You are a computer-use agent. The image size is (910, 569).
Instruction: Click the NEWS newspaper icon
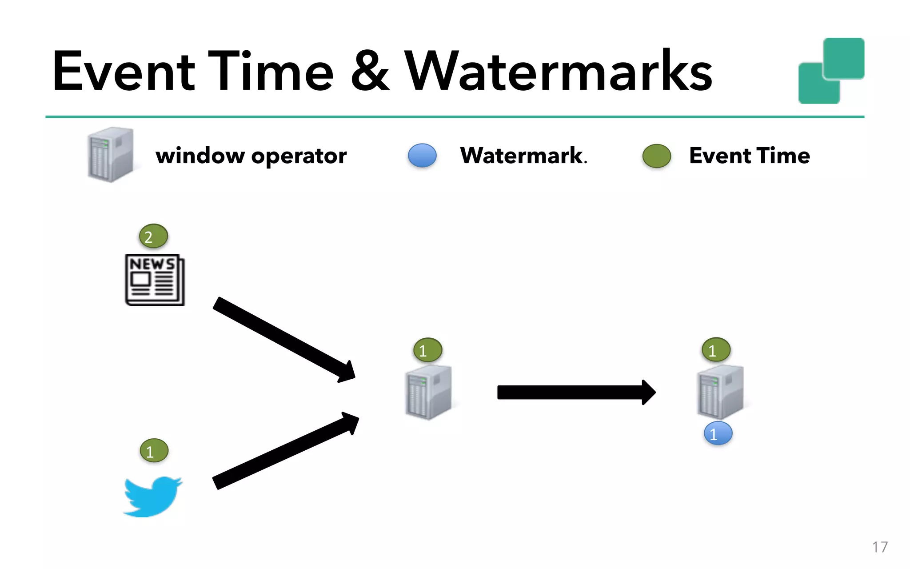[x=155, y=280]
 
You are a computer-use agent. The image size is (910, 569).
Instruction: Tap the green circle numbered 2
[x=153, y=236]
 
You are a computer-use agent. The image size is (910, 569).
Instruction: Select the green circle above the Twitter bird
[x=154, y=451]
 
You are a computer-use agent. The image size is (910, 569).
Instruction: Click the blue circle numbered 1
[x=718, y=433]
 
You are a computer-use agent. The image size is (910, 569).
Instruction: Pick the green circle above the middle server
[x=427, y=350]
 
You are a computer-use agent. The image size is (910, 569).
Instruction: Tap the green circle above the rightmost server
[x=716, y=350]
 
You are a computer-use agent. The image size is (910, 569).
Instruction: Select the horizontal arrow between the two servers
[x=575, y=393]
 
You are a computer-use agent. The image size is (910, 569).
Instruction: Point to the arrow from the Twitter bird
[x=284, y=451]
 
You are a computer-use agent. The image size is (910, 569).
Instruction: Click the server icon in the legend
[x=110, y=155]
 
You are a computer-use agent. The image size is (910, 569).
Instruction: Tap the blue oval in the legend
[x=422, y=156]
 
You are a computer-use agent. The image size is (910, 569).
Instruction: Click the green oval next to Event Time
[x=656, y=156]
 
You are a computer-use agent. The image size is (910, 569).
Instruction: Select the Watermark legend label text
[x=523, y=156]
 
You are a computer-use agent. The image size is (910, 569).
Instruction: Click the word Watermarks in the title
[x=558, y=71]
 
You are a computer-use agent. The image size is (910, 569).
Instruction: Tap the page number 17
[x=879, y=547]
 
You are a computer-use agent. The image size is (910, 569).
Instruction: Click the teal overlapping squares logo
[x=831, y=71]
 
